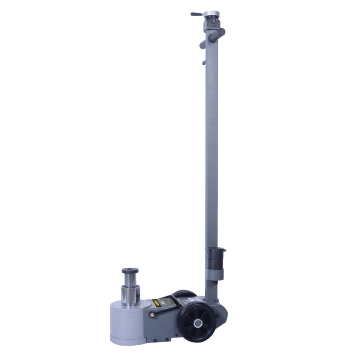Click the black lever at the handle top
pos(197,14)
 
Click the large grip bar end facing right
pos(220,32)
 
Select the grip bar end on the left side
pos(202,45)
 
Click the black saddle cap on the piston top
pos(130,271)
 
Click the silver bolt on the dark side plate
pos(152,315)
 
